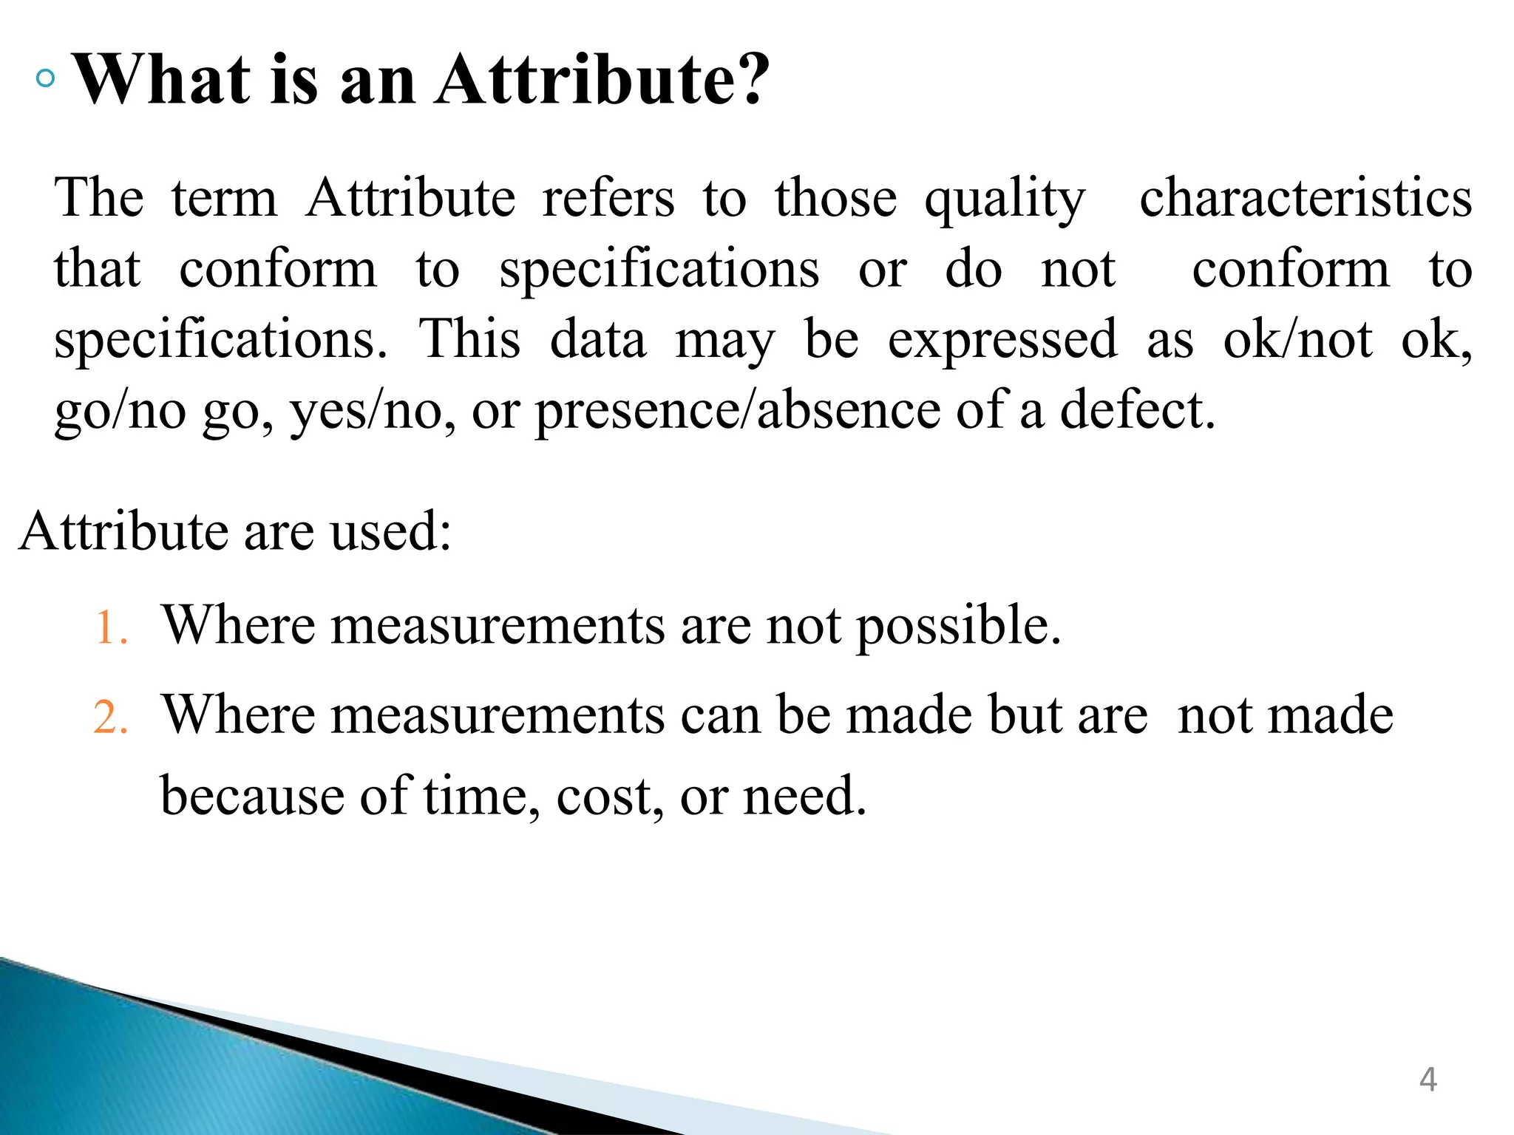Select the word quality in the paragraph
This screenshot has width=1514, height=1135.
1005,200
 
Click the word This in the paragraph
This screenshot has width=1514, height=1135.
470,339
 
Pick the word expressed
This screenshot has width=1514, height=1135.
1002,341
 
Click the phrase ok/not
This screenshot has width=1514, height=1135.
1298,339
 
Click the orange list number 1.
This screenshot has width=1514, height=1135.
111,628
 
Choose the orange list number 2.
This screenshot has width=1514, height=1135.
111,718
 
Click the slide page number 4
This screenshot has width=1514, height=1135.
1428,1080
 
